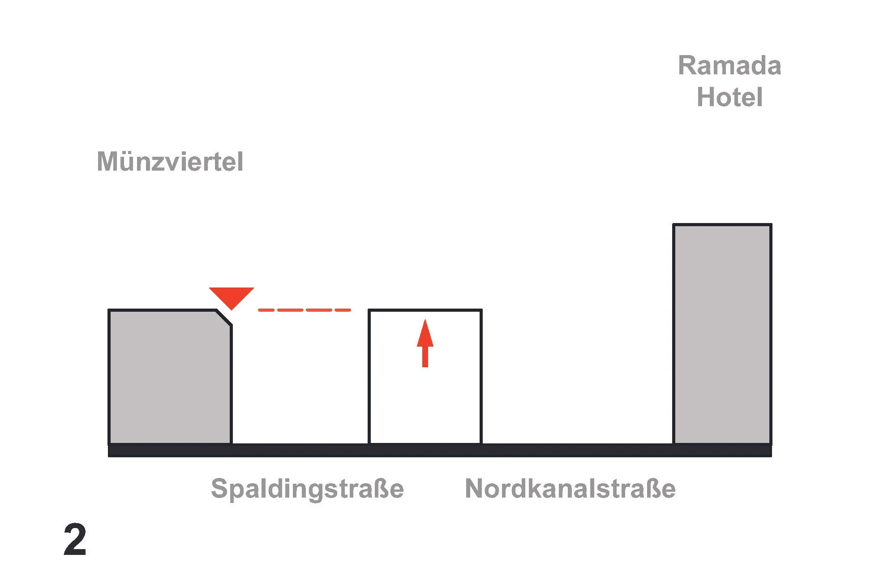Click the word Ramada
pyautogui.click(x=729, y=66)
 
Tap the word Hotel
pyautogui.click(x=729, y=97)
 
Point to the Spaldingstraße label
pyautogui.click(x=307, y=488)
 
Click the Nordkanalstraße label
pyautogui.click(x=570, y=488)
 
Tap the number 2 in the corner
pyautogui.click(x=75, y=540)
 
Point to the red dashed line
pyautogui.click(x=305, y=310)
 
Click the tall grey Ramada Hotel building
pyautogui.click(x=722, y=334)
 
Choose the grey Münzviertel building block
pyautogui.click(x=169, y=376)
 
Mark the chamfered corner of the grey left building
pyautogui.click(x=224, y=318)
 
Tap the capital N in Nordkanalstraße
pyautogui.click(x=476, y=488)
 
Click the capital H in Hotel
pyautogui.click(x=707, y=97)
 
